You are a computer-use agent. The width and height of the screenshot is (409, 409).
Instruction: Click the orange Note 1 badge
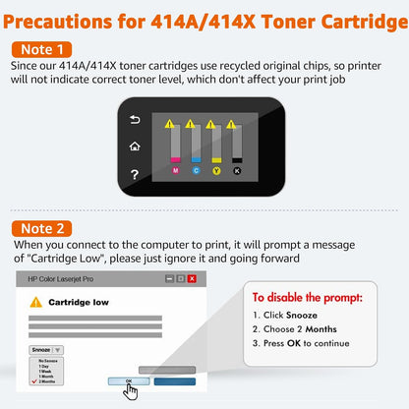point(44,48)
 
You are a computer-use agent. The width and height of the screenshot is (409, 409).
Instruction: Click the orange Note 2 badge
point(44,227)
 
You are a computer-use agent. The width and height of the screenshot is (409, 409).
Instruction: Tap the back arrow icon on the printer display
point(135,121)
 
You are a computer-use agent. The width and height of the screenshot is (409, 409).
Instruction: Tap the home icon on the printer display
point(135,146)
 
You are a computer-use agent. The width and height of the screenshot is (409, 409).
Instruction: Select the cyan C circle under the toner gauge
point(195,169)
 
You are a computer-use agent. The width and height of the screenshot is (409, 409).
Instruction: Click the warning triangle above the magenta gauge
point(171,124)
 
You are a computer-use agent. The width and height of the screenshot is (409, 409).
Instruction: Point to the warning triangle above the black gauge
point(231,124)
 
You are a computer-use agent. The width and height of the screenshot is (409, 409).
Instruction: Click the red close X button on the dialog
point(192,279)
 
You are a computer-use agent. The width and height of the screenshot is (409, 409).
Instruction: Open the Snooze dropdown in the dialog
point(46,349)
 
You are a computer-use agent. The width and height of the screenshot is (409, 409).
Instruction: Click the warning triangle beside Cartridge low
point(35,302)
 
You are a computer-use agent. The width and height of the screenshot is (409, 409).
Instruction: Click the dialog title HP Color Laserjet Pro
point(58,279)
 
